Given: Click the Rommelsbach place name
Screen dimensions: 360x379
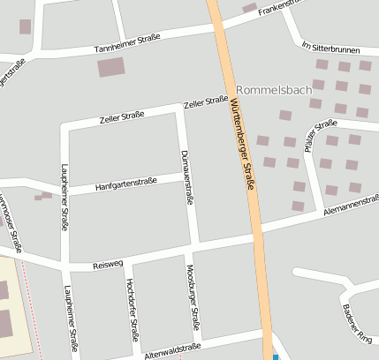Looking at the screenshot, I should tap(273, 89).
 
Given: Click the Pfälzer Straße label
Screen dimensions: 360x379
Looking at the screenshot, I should tap(320, 135).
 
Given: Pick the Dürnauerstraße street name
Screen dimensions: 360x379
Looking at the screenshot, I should tap(186, 177).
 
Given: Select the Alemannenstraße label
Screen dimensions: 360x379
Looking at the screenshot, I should tap(351, 210).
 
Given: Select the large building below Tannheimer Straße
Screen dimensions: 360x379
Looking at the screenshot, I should tap(111, 66).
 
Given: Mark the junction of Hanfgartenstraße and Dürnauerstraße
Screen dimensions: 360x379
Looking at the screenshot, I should tap(183, 176).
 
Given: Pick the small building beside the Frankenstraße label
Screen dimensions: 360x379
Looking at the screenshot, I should tap(249, 8).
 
